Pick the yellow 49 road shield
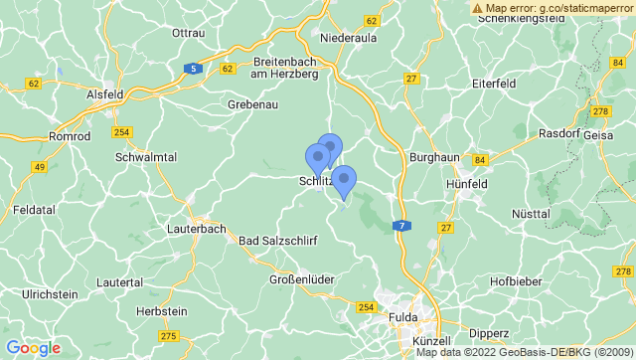pyautogui.click(x=40, y=166)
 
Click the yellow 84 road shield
pyautogui.click(x=481, y=160)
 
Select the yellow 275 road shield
pyautogui.click(x=168, y=336)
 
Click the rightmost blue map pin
pyautogui.click(x=344, y=180)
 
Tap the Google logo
pyautogui.click(x=32, y=348)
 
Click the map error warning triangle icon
pyautogui.click(x=477, y=8)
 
